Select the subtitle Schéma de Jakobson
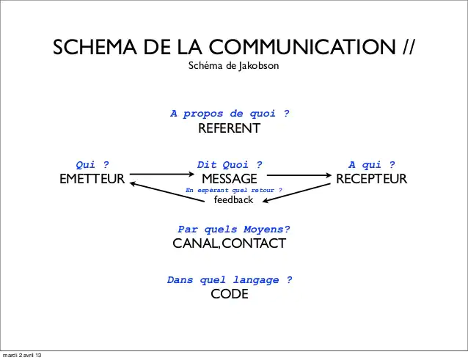(x=234, y=67)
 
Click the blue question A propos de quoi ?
(x=230, y=114)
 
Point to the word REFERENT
(x=230, y=129)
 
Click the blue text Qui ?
(x=92, y=165)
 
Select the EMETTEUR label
(x=92, y=179)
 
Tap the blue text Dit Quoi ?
(x=230, y=165)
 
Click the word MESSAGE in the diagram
(x=230, y=179)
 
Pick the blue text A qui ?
(x=371, y=165)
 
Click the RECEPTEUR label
(x=371, y=179)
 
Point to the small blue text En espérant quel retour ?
(x=234, y=190)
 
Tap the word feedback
(x=233, y=199)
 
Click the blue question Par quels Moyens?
(x=234, y=229)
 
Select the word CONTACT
(x=253, y=243)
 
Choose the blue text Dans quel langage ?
(x=230, y=279)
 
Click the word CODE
(x=230, y=294)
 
